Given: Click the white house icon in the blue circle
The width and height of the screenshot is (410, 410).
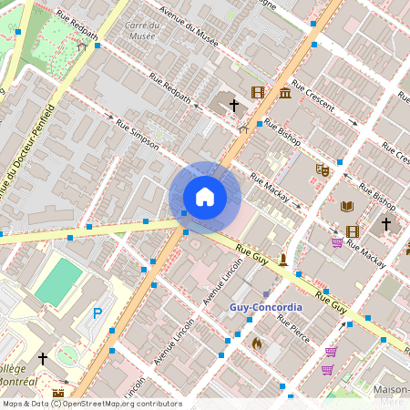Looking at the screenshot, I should coord(205,197).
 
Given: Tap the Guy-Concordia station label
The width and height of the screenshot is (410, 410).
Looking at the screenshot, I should coord(264,309).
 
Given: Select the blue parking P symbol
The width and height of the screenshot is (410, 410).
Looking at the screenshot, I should coord(97,313).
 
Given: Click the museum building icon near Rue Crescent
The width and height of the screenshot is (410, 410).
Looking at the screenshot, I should coord(285,93).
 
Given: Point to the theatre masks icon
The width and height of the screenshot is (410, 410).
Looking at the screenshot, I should coord(322,169).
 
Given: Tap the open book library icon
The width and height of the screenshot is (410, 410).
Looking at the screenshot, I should coord(346,206).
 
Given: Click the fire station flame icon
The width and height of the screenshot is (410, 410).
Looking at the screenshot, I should coord(257,343).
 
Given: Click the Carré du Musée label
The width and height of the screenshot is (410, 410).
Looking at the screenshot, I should coord(143,31).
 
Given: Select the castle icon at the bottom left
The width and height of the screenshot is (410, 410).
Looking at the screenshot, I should coord(58,394).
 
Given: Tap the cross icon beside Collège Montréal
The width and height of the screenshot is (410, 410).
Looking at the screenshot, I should coord(42,358).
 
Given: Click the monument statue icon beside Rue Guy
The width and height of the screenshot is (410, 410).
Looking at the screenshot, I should coord(283,261).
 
